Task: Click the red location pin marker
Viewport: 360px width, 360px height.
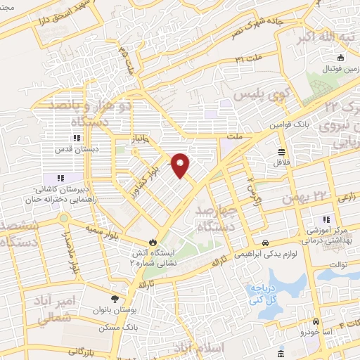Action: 181,165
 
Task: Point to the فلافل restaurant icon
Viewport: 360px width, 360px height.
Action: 281,153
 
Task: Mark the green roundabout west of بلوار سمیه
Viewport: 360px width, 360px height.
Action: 63,219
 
